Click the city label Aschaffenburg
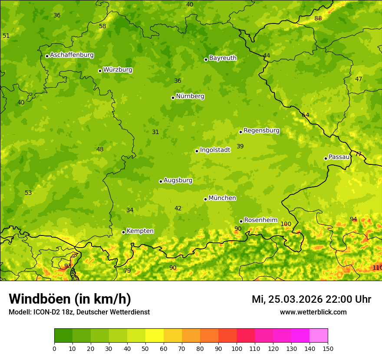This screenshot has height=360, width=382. point(72,55)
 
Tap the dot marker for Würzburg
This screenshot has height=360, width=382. point(100,71)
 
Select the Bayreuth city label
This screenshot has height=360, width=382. point(223,58)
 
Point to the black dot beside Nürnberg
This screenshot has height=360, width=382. point(173,98)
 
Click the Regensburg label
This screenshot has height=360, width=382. point(261,130)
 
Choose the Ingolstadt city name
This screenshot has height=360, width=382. point(215,150)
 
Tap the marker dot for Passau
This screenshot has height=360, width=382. point(326,158)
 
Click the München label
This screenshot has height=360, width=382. point(222,198)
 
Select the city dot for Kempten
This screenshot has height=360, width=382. point(123,232)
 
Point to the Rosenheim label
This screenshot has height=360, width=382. point(260,220)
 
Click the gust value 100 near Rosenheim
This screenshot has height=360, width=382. point(286,224)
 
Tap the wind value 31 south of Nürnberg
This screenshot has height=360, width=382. point(155,132)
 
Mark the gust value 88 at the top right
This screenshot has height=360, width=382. point(318,18)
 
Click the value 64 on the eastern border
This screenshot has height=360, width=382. point(306,115)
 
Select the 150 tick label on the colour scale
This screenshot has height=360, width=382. point(328,348)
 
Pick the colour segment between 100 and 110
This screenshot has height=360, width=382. point(246,335)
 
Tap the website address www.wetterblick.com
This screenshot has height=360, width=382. point(313,312)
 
